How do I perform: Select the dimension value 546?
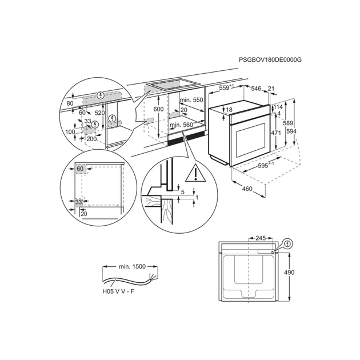256,89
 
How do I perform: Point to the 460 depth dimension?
247,189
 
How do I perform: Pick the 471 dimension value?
275,133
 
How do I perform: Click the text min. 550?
191,101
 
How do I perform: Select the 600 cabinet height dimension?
158,109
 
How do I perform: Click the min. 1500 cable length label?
132,266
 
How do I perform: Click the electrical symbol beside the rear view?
287,243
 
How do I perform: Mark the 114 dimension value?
278,107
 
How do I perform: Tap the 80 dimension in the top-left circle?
70,103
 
